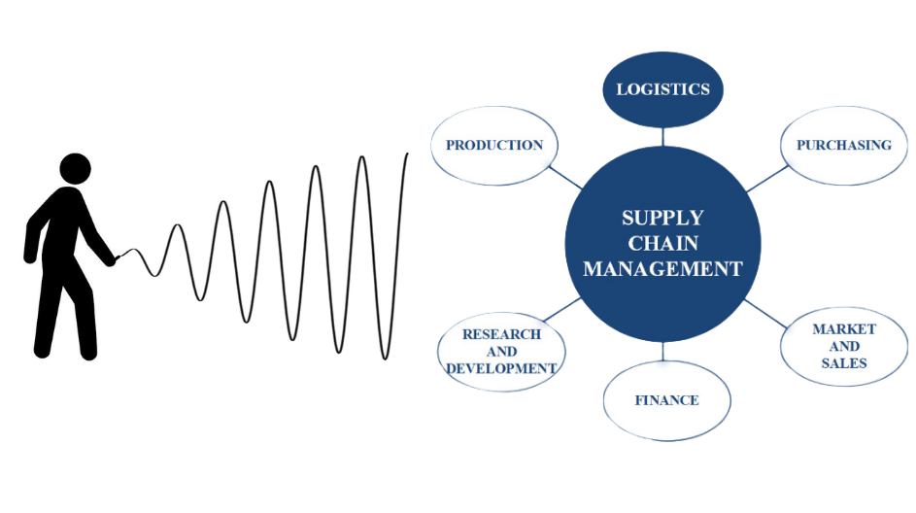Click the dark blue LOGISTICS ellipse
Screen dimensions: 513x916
[663, 89]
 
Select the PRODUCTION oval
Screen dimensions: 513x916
[494, 146]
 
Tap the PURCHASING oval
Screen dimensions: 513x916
[843, 146]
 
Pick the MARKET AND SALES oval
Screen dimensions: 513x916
[843, 346]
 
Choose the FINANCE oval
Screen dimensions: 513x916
[666, 400]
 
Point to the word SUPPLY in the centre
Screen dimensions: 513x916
[662, 218]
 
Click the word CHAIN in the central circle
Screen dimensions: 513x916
[662, 243]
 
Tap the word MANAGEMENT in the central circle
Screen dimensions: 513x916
[662, 269]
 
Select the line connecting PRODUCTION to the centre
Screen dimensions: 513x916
[565, 178]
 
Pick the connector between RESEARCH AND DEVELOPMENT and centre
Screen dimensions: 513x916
[560, 309]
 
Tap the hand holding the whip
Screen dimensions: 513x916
[113, 259]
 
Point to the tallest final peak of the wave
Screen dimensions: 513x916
[406, 154]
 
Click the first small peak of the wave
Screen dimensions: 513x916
[177, 226]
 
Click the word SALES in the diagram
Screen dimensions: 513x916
[844, 363]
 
